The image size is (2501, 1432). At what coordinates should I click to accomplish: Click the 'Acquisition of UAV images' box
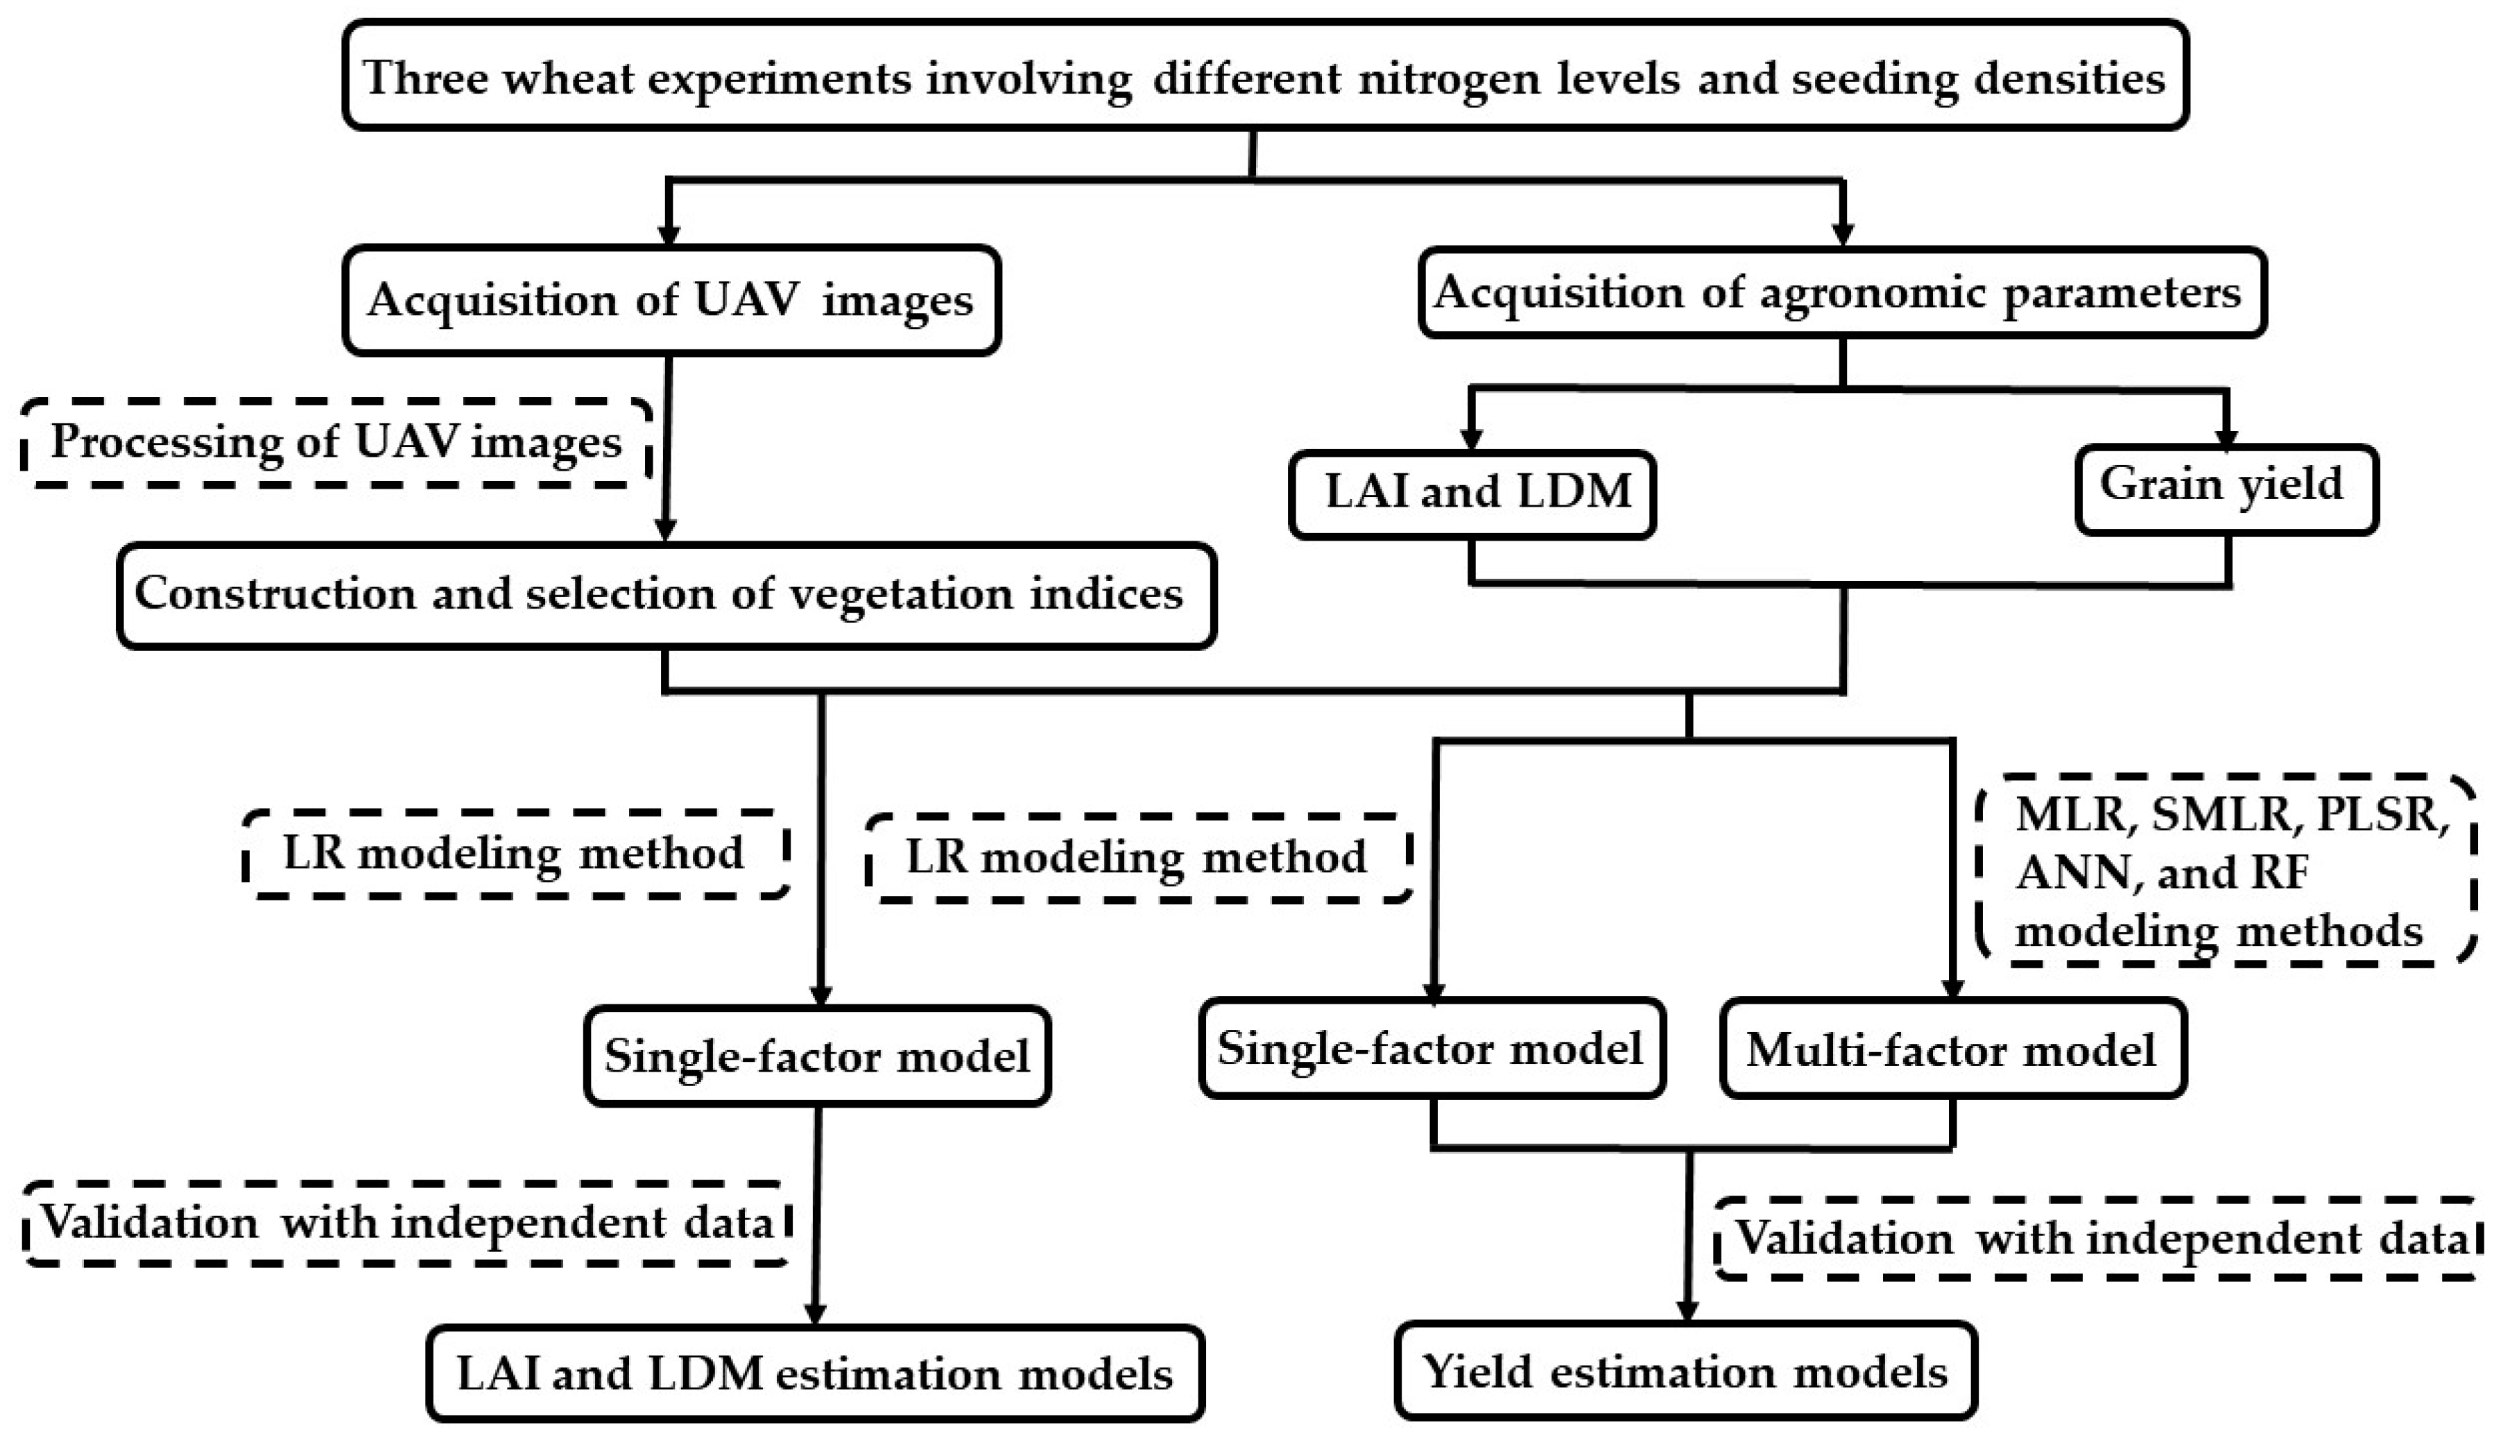pyautogui.click(x=671, y=300)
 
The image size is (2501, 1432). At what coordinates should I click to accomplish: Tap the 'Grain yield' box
pyautogui.click(x=2226, y=489)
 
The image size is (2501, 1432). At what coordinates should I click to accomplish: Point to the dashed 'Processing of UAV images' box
pyautogui.click(x=336, y=443)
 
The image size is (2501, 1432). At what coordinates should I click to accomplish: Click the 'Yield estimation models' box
pyautogui.click(x=1685, y=1371)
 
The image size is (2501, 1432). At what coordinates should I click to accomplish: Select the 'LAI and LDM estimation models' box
pyautogui.click(x=815, y=1373)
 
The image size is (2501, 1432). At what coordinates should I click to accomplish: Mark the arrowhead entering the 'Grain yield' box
pyautogui.click(x=2226, y=439)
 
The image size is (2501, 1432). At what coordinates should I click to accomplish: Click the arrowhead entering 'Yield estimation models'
pyautogui.click(x=1687, y=1312)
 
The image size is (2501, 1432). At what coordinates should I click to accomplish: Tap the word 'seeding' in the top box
pyautogui.click(x=1874, y=79)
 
